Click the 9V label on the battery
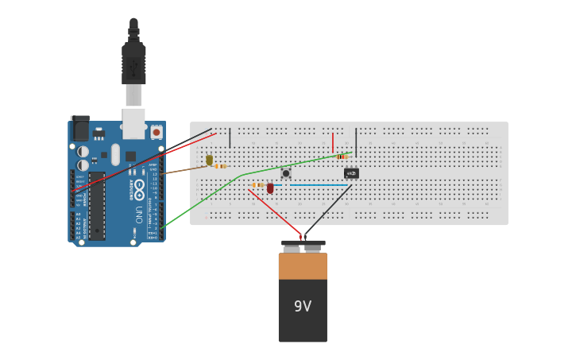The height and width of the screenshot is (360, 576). pyautogui.click(x=303, y=306)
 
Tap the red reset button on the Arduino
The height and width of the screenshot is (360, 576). pyautogui.click(x=157, y=132)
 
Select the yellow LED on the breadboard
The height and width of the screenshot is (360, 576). pyautogui.click(x=209, y=160)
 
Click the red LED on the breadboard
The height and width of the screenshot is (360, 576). pyautogui.click(x=270, y=188)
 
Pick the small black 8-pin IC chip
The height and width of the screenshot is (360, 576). pyautogui.click(x=351, y=173)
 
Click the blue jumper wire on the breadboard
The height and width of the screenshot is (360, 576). pyautogui.click(x=318, y=185)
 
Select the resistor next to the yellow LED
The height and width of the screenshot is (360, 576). pyautogui.click(x=221, y=166)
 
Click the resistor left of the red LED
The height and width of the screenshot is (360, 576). pyautogui.click(x=257, y=185)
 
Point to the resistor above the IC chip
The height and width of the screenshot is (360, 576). pyautogui.click(x=342, y=157)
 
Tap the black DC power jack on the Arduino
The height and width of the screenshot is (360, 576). pyautogui.click(x=79, y=129)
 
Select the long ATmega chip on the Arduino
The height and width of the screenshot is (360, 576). pyautogui.click(x=96, y=205)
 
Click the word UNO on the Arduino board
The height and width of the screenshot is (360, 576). pyautogui.click(x=138, y=214)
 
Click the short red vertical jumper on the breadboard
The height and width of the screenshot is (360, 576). pyautogui.click(x=333, y=143)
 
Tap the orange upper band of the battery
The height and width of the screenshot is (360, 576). pyautogui.click(x=303, y=266)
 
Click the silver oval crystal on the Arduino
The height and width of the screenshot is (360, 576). pyautogui.click(x=116, y=153)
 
